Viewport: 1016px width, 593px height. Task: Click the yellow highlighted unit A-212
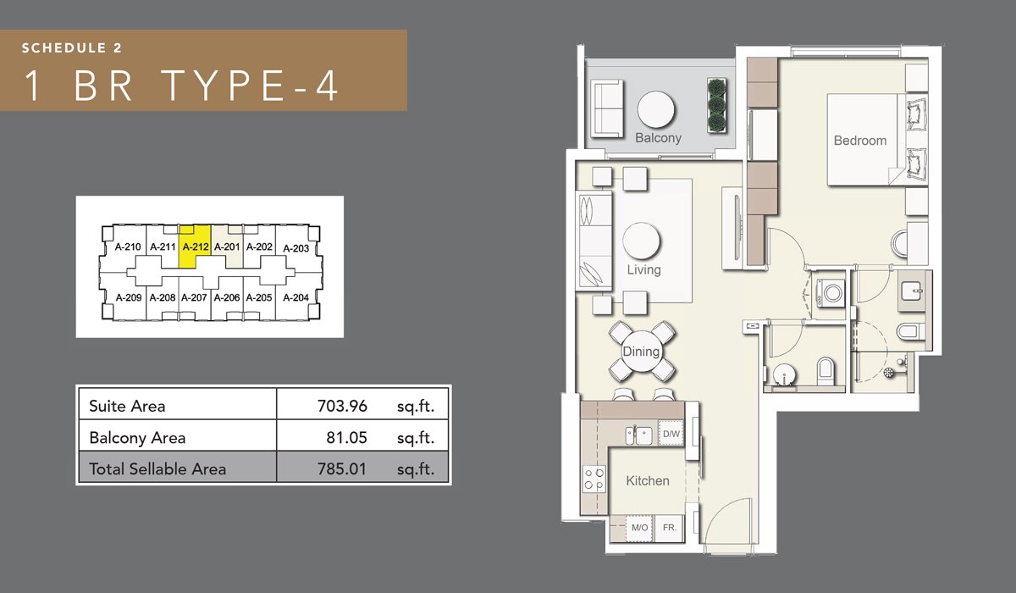195,247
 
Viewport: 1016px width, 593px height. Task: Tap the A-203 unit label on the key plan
295,248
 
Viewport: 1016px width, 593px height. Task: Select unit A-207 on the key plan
194,297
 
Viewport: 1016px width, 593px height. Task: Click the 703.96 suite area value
342,406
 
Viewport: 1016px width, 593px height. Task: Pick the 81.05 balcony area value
346,437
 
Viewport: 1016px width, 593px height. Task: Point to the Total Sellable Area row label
157,468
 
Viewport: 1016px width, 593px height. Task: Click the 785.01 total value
342,468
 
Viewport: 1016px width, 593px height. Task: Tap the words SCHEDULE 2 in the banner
72,48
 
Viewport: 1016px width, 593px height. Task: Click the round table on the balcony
656,110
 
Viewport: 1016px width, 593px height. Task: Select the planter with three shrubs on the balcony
716,106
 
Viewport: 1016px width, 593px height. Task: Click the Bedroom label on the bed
860,141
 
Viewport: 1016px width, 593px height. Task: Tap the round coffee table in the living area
642,241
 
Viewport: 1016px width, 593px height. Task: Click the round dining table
641,352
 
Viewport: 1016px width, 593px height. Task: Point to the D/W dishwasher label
671,434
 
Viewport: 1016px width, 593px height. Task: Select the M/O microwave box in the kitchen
639,528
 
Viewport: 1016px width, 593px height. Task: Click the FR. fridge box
670,528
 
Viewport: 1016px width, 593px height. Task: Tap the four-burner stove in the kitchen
594,479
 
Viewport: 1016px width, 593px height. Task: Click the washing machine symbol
831,292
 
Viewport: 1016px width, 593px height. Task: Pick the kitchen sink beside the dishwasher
638,435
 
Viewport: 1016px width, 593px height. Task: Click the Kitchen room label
647,481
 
